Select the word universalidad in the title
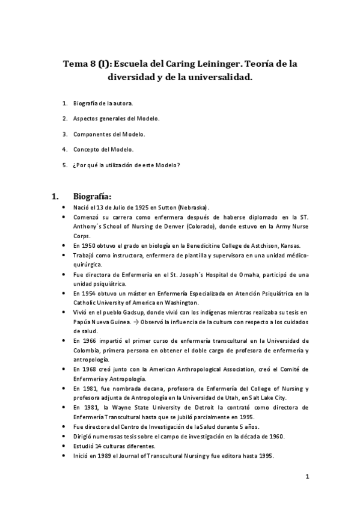coord(218,77)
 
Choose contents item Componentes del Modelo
coord(109,134)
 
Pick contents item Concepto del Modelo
coord(103,149)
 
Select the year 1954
coord(88,293)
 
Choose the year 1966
coord(88,341)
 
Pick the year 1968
coord(88,369)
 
